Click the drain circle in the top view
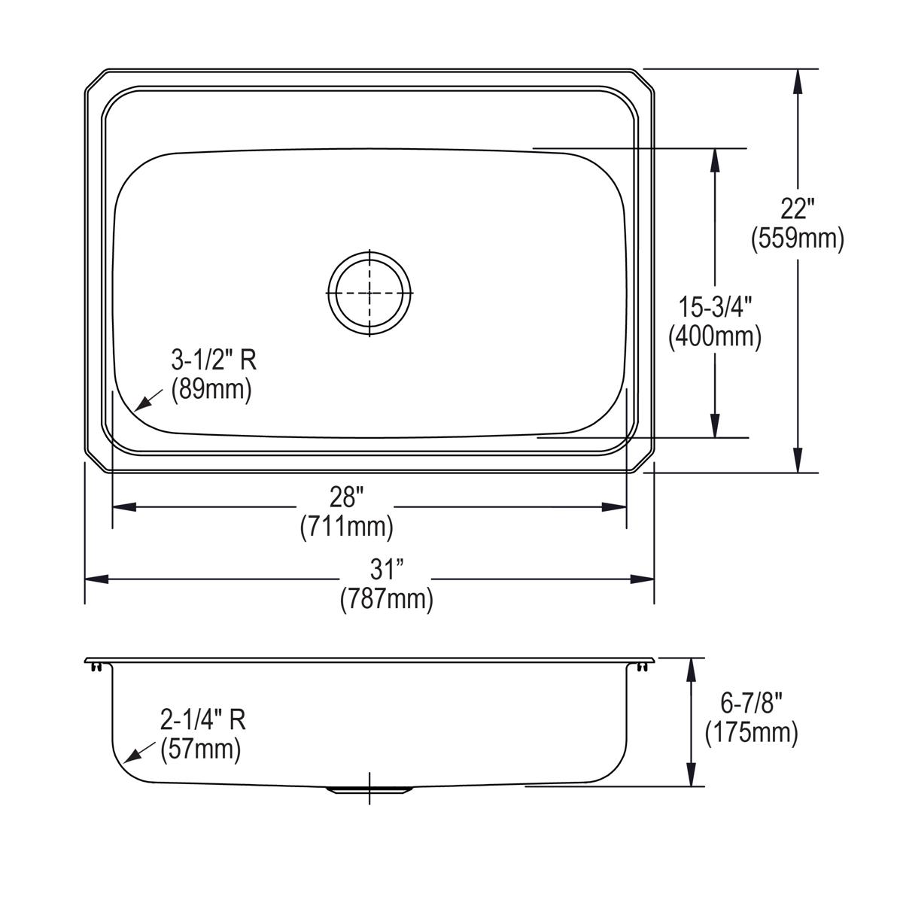pos(369,292)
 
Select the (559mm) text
pos(798,239)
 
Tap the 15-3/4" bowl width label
pos(716,307)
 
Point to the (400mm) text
pos(716,336)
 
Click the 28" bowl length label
pos(348,497)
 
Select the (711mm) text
pos(347,526)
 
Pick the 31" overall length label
pos(387,570)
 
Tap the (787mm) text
pos(387,599)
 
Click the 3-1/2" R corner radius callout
pos(214,360)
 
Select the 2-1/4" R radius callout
pos(203,720)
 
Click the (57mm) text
pos(201,749)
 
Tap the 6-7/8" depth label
pos(752,703)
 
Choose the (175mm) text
pos(752,732)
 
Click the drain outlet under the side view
pos(369,789)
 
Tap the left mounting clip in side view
pos(95,667)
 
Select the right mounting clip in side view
pos(641,667)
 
